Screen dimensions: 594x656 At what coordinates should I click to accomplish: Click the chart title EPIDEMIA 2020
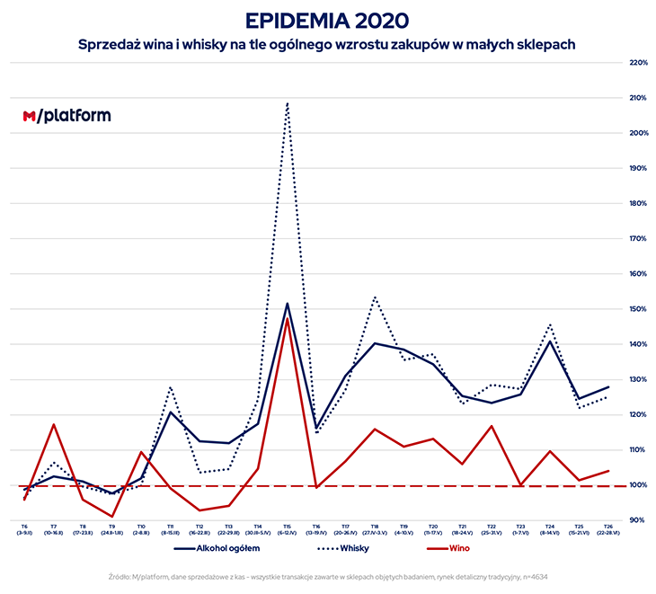[x=327, y=19]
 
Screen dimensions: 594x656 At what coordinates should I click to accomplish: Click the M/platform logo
[x=67, y=116]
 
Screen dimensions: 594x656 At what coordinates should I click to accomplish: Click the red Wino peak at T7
[x=54, y=424]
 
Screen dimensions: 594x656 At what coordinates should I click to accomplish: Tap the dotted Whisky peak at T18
[x=374, y=297]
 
